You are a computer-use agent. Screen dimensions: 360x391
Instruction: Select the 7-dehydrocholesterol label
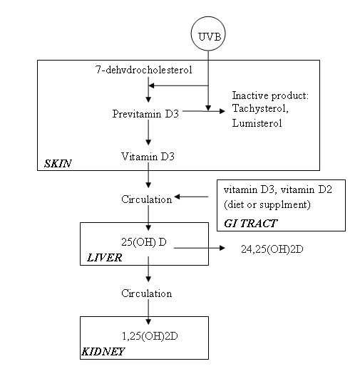pos(144,70)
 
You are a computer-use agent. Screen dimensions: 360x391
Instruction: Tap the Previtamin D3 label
pos(145,114)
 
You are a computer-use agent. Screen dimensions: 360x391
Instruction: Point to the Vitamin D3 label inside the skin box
pos(148,157)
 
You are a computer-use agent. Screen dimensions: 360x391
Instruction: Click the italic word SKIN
pos(58,164)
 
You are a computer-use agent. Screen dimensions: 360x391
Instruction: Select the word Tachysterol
pos(260,109)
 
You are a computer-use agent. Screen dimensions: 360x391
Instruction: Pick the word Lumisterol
pos(257,123)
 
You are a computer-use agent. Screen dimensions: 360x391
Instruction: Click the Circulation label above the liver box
pos(147,199)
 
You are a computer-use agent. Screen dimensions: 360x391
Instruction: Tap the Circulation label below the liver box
pos(147,293)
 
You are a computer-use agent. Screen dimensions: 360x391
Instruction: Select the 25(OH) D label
pos(144,242)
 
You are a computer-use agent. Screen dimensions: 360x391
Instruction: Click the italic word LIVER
pos(105,258)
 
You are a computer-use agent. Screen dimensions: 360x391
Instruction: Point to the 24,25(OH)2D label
pos(272,249)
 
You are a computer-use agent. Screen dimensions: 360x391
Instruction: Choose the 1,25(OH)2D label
pos(150,336)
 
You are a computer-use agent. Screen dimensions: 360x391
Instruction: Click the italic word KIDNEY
pos(103,352)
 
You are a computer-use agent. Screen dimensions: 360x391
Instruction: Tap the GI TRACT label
pos(251,223)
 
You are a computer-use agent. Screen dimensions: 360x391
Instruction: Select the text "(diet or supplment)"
pos(267,204)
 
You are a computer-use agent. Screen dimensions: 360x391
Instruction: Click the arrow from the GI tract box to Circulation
pos(191,197)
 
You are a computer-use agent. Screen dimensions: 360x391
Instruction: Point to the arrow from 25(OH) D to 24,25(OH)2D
pos(199,248)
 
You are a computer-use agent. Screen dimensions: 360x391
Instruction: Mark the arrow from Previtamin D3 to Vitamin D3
pos(148,132)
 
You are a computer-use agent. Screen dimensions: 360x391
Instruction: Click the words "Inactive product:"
pos(270,95)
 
